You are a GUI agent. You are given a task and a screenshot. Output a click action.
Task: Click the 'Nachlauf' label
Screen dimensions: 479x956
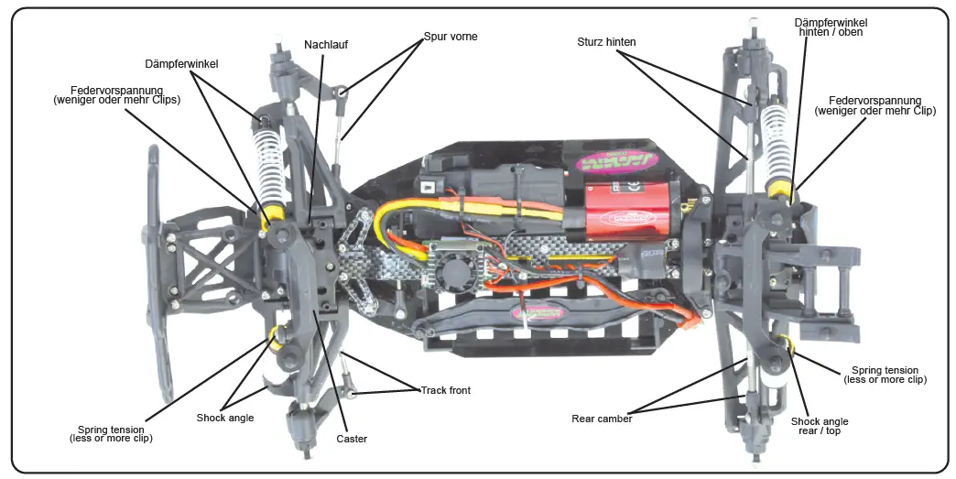click(327, 44)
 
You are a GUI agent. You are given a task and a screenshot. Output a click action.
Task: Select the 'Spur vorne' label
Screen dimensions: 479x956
click(450, 37)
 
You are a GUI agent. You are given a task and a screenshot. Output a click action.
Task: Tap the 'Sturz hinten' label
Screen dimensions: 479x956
click(606, 41)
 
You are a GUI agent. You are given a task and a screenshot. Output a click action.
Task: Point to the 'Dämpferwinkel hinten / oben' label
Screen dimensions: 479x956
click(831, 27)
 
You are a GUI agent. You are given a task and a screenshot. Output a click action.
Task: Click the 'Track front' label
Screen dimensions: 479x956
click(446, 390)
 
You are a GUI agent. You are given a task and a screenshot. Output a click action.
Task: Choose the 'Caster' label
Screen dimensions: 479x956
click(352, 439)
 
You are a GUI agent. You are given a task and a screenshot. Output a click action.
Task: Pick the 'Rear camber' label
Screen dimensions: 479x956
click(602, 419)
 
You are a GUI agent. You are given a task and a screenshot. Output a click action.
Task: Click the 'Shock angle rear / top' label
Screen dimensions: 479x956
click(820, 427)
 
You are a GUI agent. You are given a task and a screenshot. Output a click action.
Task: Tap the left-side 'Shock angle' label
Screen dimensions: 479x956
click(224, 418)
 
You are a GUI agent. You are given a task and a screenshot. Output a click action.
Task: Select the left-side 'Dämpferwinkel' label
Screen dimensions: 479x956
click(180, 64)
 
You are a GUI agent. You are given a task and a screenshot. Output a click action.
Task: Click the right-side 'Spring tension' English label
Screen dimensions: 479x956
click(885, 374)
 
